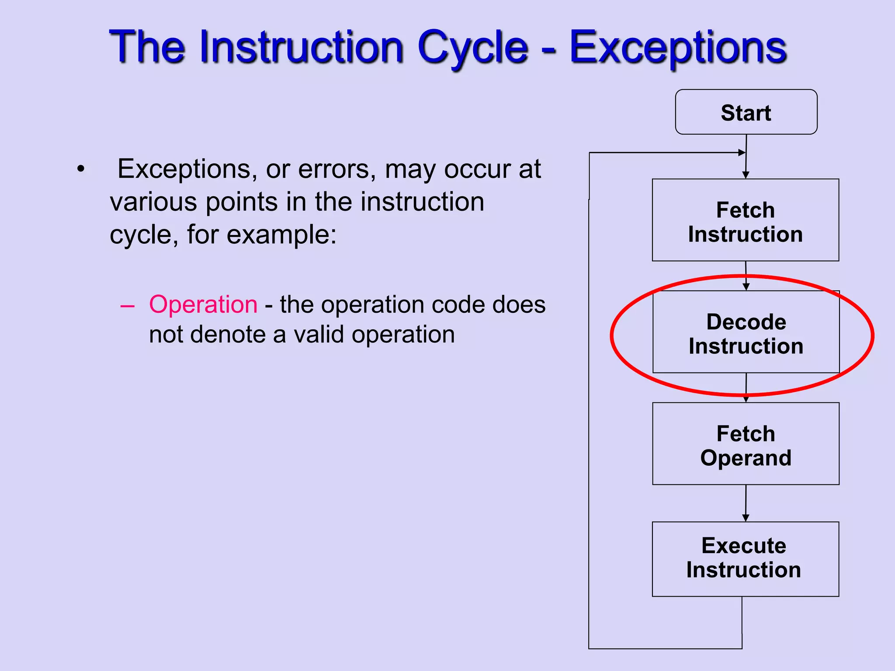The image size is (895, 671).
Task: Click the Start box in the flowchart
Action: tap(746, 112)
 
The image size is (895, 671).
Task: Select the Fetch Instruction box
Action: tap(746, 220)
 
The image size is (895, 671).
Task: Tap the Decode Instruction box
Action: tap(746, 332)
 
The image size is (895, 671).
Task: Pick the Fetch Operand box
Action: tap(746, 444)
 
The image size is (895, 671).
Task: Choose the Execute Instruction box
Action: tap(745, 559)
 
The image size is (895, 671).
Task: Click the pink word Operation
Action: tap(203, 304)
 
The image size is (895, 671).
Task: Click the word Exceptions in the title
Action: tap(678, 47)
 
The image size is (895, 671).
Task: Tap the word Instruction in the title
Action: tap(301, 47)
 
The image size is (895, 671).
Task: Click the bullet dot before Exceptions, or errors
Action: tap(80, 169)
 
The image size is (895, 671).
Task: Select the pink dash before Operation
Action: tap(127, 306)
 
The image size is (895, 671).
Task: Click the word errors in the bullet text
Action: tap(336, 169)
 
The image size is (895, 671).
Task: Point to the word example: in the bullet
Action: tap(282, 235)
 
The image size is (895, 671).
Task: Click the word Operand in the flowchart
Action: tap(746, 458)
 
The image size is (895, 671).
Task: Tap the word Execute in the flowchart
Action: tap(744, 546)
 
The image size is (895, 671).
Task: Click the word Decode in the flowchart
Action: tap(746, 322)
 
